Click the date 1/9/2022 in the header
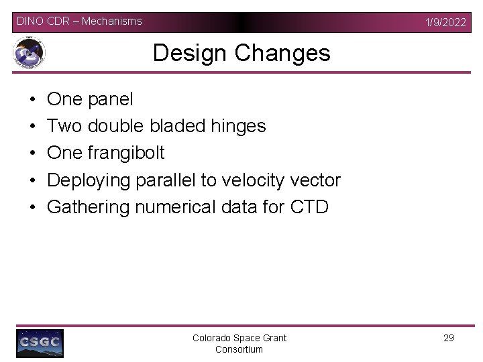pyautogui.click(x=445, y=22)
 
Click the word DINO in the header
pyautogui.click(x=30, y=21)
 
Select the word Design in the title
pyautogui.click(x=190, y=52)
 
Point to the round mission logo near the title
pyautogui.click(x=29, y=54)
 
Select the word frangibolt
pyautogui.click(x=125, y=153)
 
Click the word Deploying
pyautogui.click(x=89, y=180)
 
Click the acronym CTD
pyautogui.click(x=309, y=206)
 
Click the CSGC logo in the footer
pyautogui.click(x=40, y=343)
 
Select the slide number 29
pyautogui.click(x=449, y=338)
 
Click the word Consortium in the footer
pyautogui.click(x=239, y=349)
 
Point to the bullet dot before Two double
pyautogui.click(x=33, y=126)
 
